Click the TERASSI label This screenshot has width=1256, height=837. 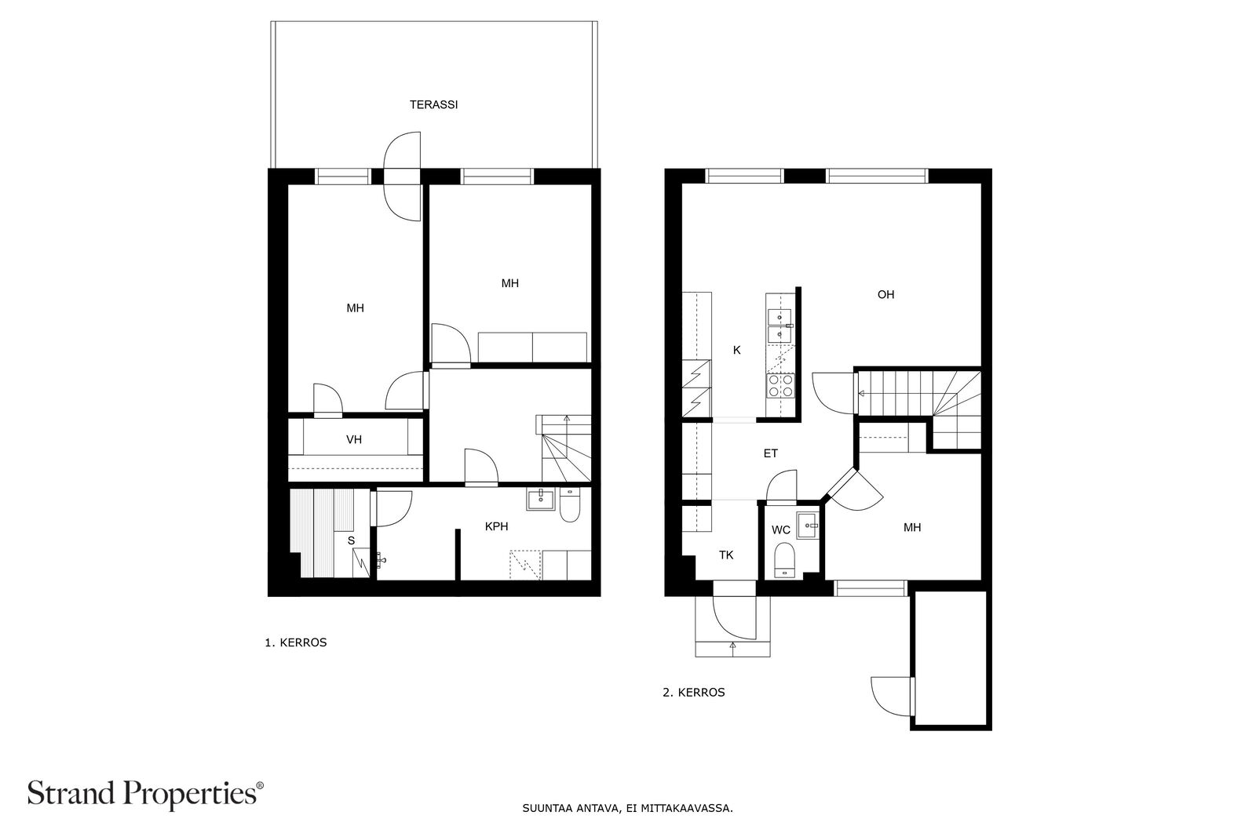[x=433, y=105]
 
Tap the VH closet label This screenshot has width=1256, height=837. [x=354, y=440]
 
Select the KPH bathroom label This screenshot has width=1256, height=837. [x=496, y=526]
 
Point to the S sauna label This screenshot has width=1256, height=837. [x=352, y=540]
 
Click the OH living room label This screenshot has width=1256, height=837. [x=886, y=295]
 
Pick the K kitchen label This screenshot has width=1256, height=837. [x=737, y=350]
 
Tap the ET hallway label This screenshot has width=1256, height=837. [x=770, y=453]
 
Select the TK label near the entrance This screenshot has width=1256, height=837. [x=726, y=555]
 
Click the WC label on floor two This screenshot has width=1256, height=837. [x=781, y=530]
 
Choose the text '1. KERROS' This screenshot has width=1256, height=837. [x=295, y=642]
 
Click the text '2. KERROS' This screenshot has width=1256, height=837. [x=694, y=693]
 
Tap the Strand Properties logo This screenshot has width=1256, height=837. [x=145, y=794]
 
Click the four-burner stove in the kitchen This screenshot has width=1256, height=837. [x=780, y=385]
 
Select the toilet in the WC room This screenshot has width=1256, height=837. [x=784, y=559]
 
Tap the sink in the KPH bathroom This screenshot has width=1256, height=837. [x=541, y=499]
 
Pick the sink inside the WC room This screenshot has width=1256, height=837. [x=808, y=526]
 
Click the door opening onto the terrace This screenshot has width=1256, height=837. [x=402, y=176]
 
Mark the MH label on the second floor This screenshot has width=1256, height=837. [x=912, y=528]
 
